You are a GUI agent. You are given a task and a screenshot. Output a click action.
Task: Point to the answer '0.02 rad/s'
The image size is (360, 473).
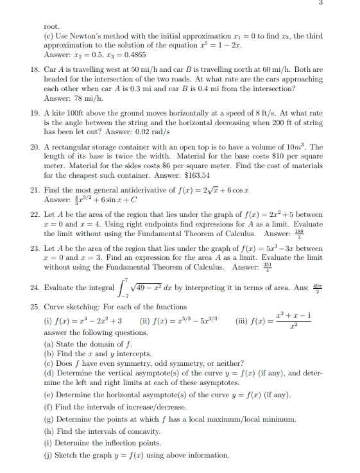tap(154, 131)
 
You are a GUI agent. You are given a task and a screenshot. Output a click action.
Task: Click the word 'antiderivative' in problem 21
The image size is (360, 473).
tap(153, 190)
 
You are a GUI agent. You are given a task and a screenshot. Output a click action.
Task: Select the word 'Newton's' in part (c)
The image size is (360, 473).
tap(84, 37)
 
